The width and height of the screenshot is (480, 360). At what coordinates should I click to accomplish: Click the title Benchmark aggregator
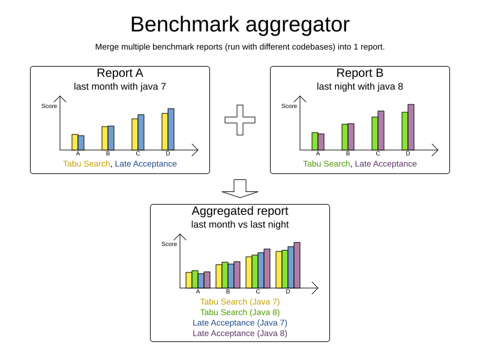click(240, 25)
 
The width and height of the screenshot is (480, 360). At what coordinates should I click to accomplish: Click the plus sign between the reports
click(240, 120)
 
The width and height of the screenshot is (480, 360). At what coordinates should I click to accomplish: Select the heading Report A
click(120, 73)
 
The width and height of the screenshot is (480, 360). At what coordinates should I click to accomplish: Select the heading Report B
click(360, 73)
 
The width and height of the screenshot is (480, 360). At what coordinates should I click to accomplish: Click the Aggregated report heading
click(240, 211)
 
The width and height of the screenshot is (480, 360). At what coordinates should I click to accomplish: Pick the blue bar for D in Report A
click(171, 130)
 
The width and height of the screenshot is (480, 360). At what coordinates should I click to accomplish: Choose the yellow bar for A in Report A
click(75, 142)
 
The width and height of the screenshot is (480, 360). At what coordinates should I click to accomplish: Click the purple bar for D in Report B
click(411, 127)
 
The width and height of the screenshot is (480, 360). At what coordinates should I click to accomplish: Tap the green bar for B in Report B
click(345, 137)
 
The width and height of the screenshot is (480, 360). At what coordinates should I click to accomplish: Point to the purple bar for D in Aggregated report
click(297, 265)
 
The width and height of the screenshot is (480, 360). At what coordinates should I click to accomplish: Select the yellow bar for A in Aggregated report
click(189, 280)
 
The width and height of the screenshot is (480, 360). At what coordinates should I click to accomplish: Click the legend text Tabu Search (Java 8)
click(240, 312)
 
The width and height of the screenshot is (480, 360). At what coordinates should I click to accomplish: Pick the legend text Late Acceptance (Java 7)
click(240, 323)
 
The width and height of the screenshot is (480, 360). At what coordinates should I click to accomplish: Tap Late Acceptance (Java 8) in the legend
click(240, 333)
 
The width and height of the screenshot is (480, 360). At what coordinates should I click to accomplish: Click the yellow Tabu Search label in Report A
click(86, 164)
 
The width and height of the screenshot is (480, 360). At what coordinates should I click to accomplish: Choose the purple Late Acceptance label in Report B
click(386, 164)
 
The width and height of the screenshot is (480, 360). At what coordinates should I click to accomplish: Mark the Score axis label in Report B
click(289, 106)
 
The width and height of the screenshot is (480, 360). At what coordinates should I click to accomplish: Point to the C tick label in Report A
click(138, 154)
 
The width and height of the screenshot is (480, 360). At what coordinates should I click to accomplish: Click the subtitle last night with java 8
click(360, 86)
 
